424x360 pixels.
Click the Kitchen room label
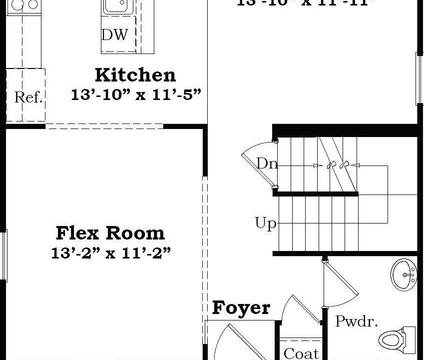tap(135, 75)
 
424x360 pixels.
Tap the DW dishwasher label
tap(114, 35)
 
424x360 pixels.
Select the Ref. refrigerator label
tap(28, 97)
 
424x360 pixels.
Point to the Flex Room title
tap(110, 233)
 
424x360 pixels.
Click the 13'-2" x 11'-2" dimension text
tap(111, 253)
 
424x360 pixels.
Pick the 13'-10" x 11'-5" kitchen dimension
tap(135, 94)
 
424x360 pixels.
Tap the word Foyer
tap(241, 308)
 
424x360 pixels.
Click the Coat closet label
tap(301, 352)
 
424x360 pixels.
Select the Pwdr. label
tap(356, 321)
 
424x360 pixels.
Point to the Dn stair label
tap(267, 163)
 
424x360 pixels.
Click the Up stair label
tap(265, 223)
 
